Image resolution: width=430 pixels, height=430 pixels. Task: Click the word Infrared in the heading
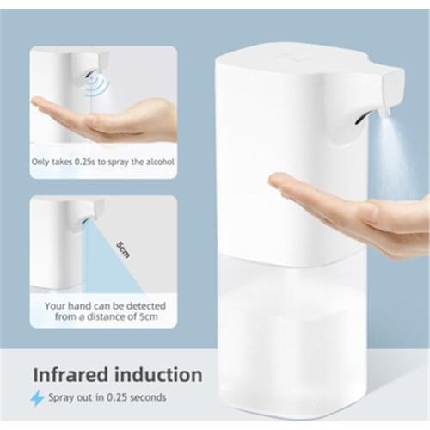coord(72,374)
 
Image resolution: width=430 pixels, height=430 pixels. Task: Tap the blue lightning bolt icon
coord(37,398)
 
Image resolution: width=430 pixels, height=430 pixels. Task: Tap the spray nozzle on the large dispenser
coord(383,111)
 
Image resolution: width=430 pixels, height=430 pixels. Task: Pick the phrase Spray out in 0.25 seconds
coord(108,398)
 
